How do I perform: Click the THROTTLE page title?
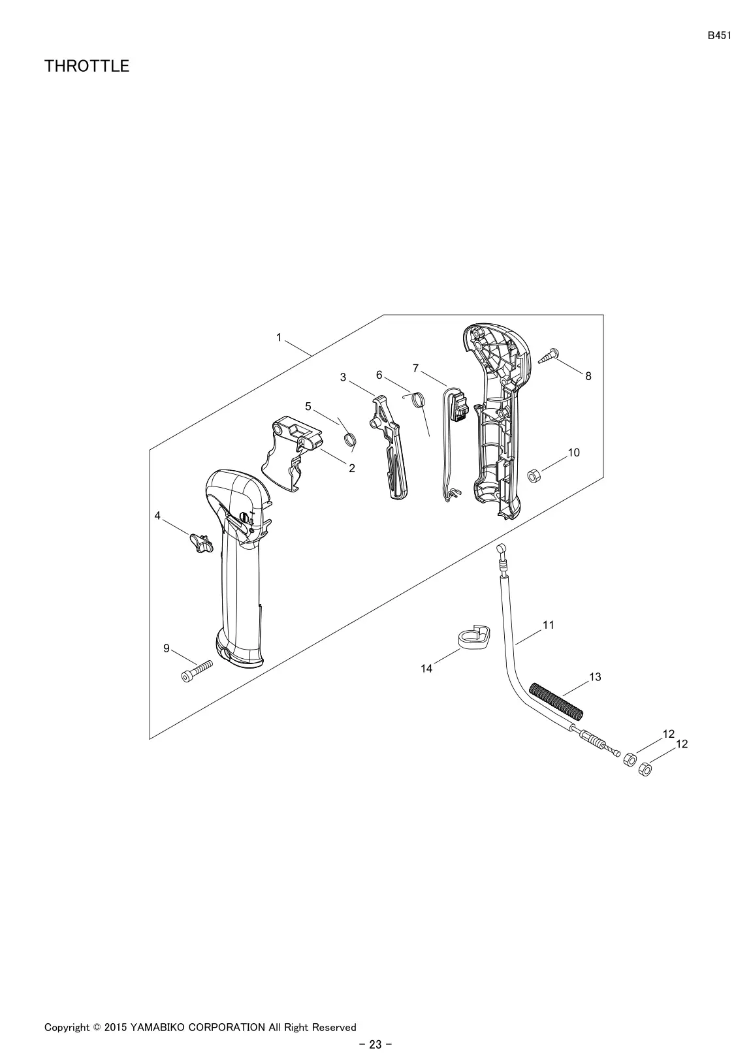(87, 66)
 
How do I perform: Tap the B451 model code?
(719, 36)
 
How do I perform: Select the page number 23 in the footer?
(375, 1045)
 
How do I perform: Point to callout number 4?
(157, 516)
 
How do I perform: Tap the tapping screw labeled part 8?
(549, 357)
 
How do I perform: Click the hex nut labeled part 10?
(533, 475)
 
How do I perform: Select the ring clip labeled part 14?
(473, 637)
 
